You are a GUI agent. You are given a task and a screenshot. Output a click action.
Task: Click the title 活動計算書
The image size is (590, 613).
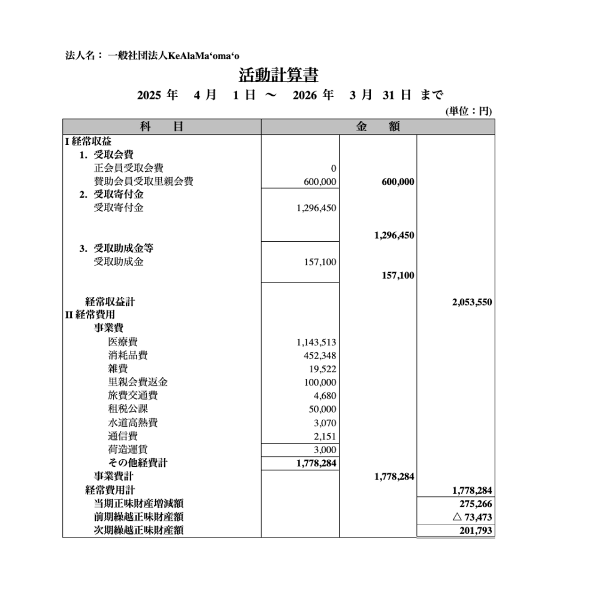[279, 75]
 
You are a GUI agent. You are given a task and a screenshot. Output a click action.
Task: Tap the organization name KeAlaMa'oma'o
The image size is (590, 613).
[203, 56]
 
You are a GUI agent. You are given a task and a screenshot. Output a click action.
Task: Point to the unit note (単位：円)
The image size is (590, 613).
[468, 111]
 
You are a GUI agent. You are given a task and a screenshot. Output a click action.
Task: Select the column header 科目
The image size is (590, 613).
[162, 127]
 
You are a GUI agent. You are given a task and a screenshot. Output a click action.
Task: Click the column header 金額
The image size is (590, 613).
[378, 127]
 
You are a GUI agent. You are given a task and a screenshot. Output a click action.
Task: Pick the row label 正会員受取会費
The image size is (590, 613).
[128, 168]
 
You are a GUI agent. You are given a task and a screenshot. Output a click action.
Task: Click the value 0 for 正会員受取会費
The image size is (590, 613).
[333, 169]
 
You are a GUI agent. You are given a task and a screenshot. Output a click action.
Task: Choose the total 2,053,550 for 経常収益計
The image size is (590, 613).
[472, 302]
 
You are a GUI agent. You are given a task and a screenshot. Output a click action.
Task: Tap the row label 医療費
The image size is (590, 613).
[123, 342]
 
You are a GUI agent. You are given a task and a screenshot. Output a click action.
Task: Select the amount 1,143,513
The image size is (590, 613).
[316, 342]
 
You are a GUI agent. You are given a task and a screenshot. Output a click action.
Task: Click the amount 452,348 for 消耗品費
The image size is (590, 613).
[320, 356]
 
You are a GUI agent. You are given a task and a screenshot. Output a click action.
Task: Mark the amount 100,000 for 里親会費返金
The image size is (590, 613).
[320, 383]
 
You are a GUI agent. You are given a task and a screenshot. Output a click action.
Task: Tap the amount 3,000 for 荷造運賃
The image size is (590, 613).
[325, 450]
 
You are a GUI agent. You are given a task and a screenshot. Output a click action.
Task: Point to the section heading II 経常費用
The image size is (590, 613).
[90, 315]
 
